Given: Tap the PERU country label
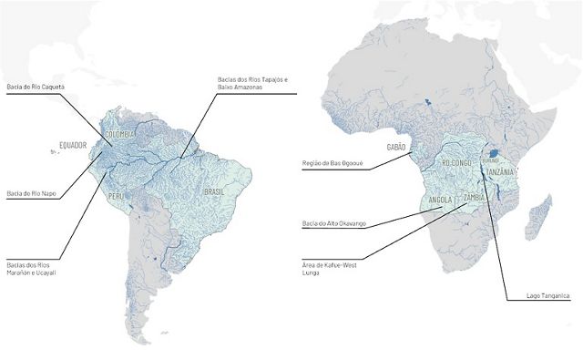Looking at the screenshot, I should click(116, 196).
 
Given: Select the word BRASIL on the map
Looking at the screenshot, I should click(214, 192).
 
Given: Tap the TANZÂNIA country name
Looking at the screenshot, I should click(502, 172).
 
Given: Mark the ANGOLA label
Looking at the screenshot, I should click(442, 202).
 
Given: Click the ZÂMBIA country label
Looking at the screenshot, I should click(474, 198).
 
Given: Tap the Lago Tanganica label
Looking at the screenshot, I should click(529, 296).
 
